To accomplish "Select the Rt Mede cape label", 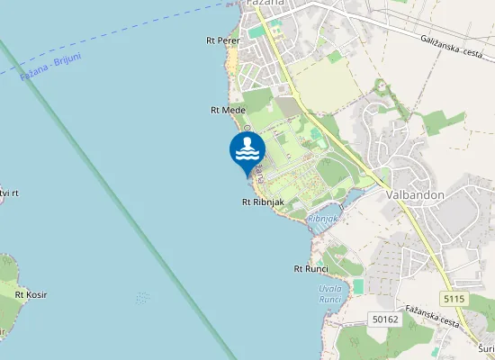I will point(228,110).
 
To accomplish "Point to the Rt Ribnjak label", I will point(263,202).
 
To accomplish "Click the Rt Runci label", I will point(310,269).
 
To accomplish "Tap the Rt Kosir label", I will point(31,294).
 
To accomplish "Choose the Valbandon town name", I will point(409,193).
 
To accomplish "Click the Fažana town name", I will point(265,4).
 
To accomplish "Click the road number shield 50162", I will point(384,319).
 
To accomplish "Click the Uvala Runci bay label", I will point(330,293).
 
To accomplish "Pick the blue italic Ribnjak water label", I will point(322,219).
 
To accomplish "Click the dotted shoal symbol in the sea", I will point(142,298).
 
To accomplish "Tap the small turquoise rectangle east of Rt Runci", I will point(359,286).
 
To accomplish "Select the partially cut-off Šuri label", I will point(486,347).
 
